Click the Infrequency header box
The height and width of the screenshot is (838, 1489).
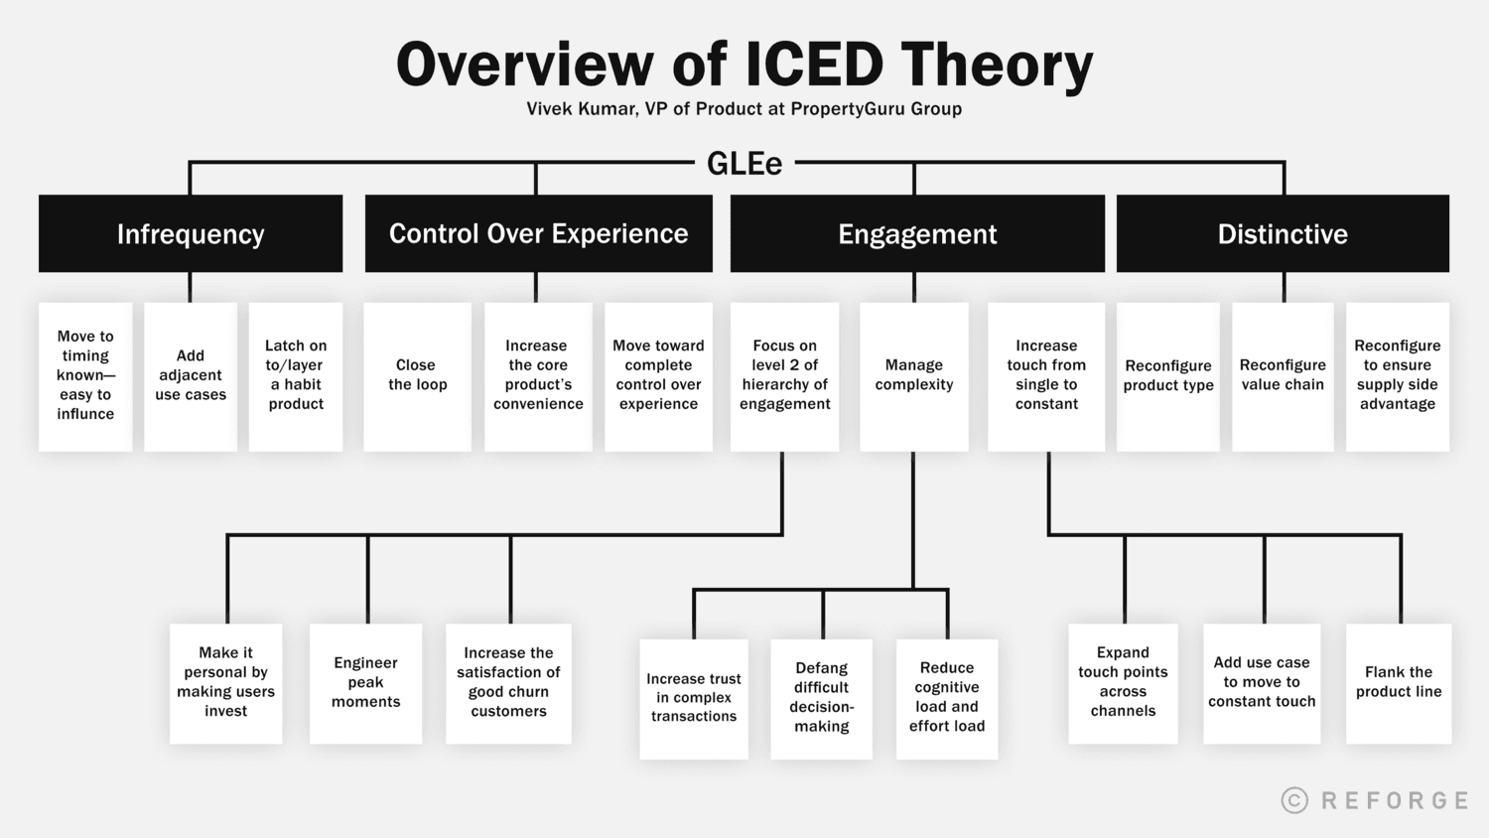[x=191, y=233]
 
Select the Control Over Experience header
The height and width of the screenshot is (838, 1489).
[x=538, y=233]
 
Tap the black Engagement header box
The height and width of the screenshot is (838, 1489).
[x=917, y=233]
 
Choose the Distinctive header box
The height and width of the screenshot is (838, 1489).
[x=1283, y=233]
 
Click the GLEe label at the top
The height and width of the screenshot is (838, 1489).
[x=744, y=164]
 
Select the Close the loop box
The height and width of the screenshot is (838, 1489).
[x=417, y=375]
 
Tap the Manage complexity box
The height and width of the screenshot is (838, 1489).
[x=913, y=375]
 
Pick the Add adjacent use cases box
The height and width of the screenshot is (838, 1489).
[x=191, y=375]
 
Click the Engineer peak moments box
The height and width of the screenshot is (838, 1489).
[x=365, y=682]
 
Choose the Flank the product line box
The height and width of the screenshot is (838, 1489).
[x=1399, y=682]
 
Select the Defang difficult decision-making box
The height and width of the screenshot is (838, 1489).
[x=821, y=697]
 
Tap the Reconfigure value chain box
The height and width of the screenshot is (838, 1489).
[x=1283, y=375]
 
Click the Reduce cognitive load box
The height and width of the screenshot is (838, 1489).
[x=947, y=697]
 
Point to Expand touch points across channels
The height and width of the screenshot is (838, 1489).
[x=1123, y=682]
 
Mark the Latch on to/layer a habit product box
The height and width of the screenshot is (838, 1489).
[x=296, y=375]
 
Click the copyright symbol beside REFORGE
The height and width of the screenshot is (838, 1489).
[x=1294, y=800]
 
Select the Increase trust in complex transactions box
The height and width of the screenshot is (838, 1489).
[x=694, y=697]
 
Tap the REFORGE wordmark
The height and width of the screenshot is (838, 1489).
[x=1395, y=800]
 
